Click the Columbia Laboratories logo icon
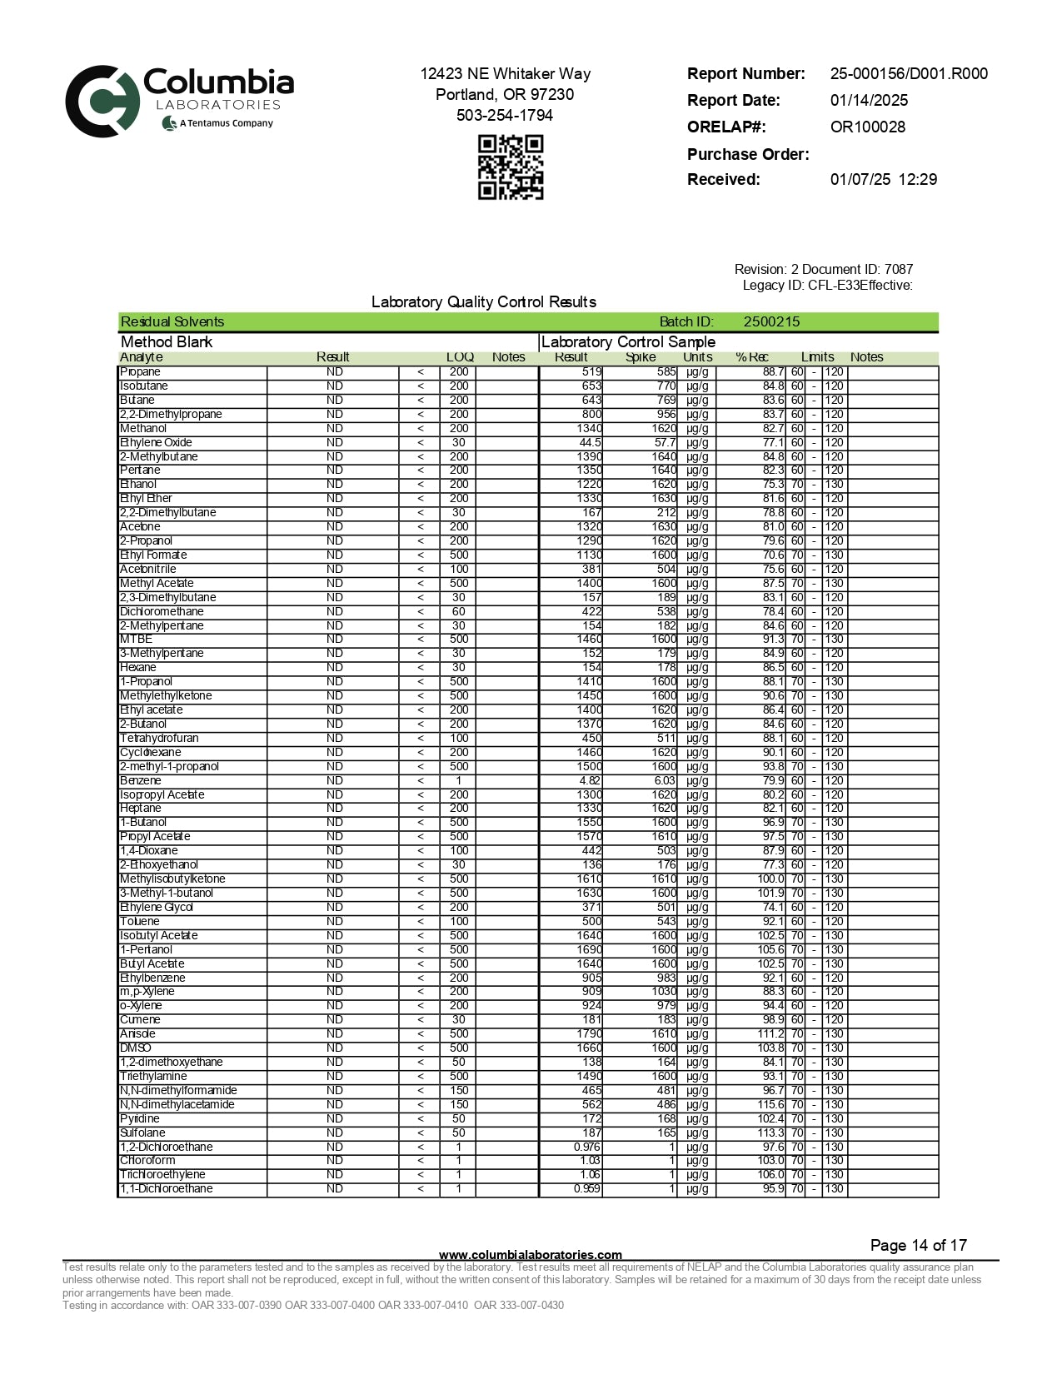point(102,102)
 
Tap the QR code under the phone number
point(510,167)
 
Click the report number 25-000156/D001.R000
point(909,73)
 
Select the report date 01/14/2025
point(869,100)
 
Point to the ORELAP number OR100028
point(867,127)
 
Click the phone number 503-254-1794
point(504,115)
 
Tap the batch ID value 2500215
point(771,321)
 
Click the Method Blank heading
point(167,341)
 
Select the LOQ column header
point(460,357)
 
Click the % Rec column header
point(751,357)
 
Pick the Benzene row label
point(141,780)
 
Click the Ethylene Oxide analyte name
point(156,442)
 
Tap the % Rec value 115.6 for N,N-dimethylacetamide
point(770,1104)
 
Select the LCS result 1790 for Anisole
point(589,1033)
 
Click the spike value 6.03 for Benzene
point(665,780)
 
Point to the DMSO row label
point(135,1048)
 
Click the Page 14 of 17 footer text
point(918,1245)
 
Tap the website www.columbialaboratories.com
point(530,1254)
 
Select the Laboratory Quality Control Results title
point(483,301)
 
